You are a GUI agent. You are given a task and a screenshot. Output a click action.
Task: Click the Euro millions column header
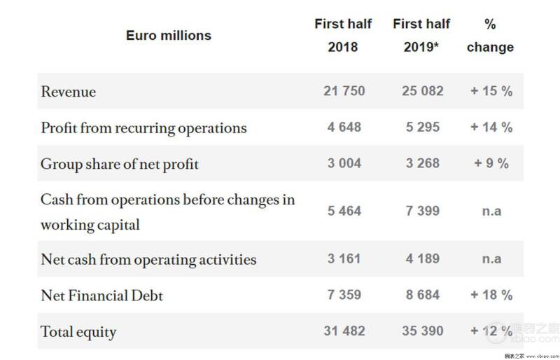(169, 36)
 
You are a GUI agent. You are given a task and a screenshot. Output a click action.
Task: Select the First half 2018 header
(343, 36)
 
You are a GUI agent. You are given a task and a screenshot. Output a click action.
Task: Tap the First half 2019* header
(421, 36)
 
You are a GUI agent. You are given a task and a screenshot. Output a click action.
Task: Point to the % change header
(490, 36)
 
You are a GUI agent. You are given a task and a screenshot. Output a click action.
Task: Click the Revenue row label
(68, 92)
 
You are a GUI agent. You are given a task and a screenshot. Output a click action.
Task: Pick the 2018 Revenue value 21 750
(344, 91)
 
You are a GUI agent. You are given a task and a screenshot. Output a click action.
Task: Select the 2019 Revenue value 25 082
(423, 91)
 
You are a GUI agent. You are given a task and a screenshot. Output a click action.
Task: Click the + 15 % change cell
(491, 91)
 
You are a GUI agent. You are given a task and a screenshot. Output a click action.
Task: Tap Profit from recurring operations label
(143, 128)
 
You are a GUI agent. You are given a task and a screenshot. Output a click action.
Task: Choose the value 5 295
(423, 127)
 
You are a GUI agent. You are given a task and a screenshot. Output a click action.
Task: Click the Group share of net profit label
(120, 165)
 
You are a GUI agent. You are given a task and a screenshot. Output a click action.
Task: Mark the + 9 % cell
(491, 163)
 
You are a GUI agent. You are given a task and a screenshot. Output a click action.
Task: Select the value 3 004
(344, 163)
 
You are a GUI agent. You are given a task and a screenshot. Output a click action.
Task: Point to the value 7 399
(423, 211)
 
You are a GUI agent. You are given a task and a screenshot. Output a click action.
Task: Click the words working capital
(90, 226)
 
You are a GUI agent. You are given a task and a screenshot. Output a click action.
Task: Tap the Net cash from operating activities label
(148, 260)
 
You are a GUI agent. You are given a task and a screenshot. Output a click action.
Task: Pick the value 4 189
(423, 259)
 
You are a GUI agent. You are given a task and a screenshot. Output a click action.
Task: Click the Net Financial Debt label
(101, 296)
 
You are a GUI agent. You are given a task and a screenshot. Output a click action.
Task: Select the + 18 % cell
(491, 295)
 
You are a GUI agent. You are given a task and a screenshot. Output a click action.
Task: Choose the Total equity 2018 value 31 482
(344, 331)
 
